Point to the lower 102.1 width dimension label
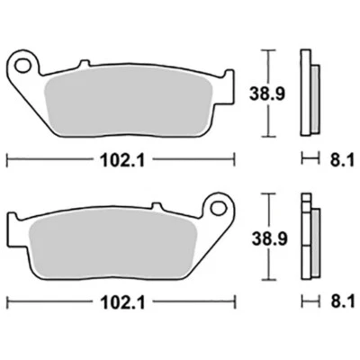pyautogui.click(x=119, y=301)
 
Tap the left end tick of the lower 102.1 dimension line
pyautogui.click(x=8, y=301)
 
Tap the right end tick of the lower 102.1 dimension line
pyautogui.click(x=230, y=301)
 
